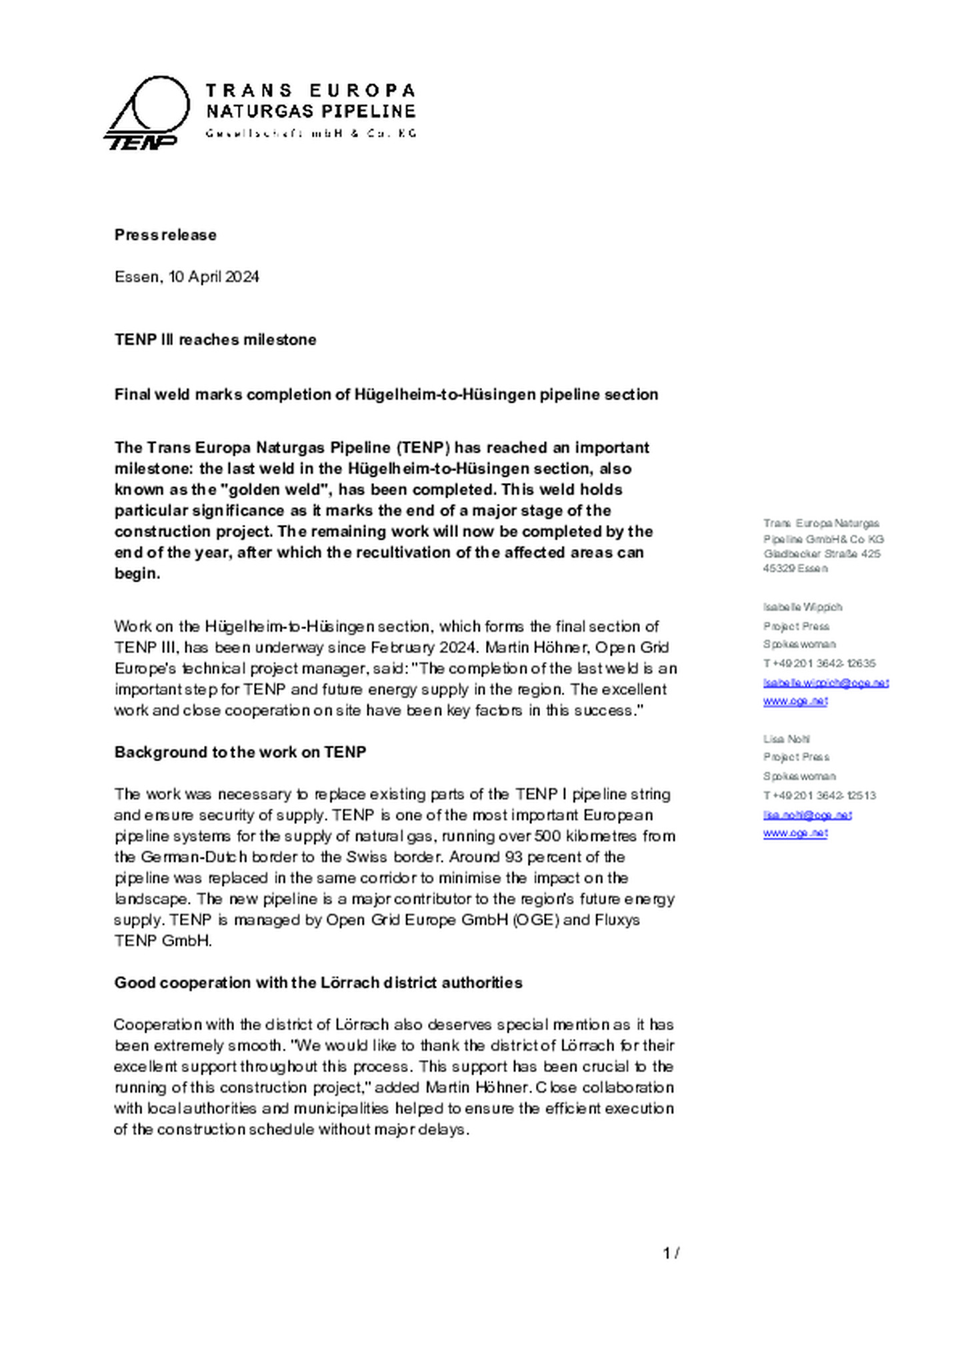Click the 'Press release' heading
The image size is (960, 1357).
165,235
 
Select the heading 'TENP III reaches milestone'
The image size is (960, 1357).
215,340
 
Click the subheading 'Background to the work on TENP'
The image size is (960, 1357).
240,752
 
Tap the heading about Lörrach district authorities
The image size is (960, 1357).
318,982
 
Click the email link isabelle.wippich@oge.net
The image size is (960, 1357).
825,683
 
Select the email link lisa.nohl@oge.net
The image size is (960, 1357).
807,815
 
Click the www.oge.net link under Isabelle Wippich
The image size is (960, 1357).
795,701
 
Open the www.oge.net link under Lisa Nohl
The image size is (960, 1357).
795,833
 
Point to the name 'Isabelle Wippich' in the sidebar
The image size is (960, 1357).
803,607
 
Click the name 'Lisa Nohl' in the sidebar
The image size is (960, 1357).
787,739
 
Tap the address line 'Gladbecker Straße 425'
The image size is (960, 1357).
821,554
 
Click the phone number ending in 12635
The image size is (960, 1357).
819,663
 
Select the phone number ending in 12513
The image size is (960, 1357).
819,795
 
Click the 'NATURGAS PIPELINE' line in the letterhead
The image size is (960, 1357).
311,111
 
